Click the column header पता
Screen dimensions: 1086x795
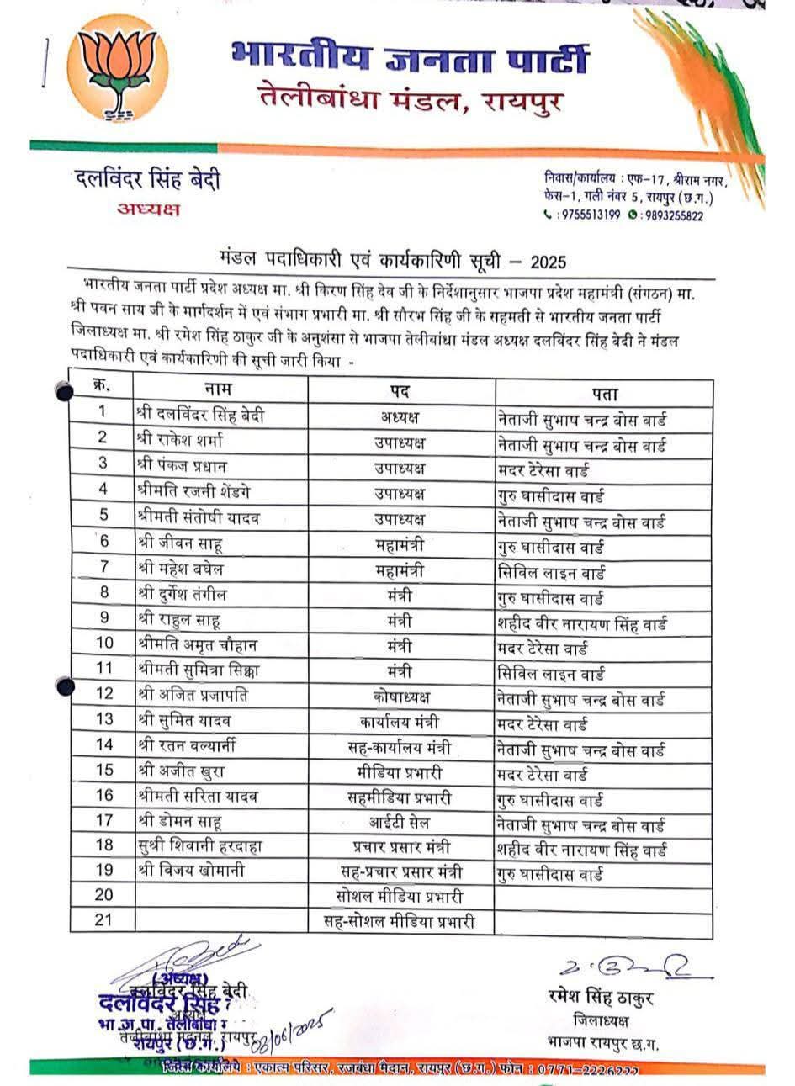coord(604,393)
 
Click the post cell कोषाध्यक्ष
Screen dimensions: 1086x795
coord(401,697)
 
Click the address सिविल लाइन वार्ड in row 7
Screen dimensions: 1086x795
coord(552,573)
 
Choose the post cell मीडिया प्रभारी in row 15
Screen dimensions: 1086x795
coord(400,771)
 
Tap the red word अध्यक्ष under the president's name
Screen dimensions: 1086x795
coord(148,209)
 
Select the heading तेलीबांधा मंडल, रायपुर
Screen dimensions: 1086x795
coord(410,102)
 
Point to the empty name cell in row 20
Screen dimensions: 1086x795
coord(220,895)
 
